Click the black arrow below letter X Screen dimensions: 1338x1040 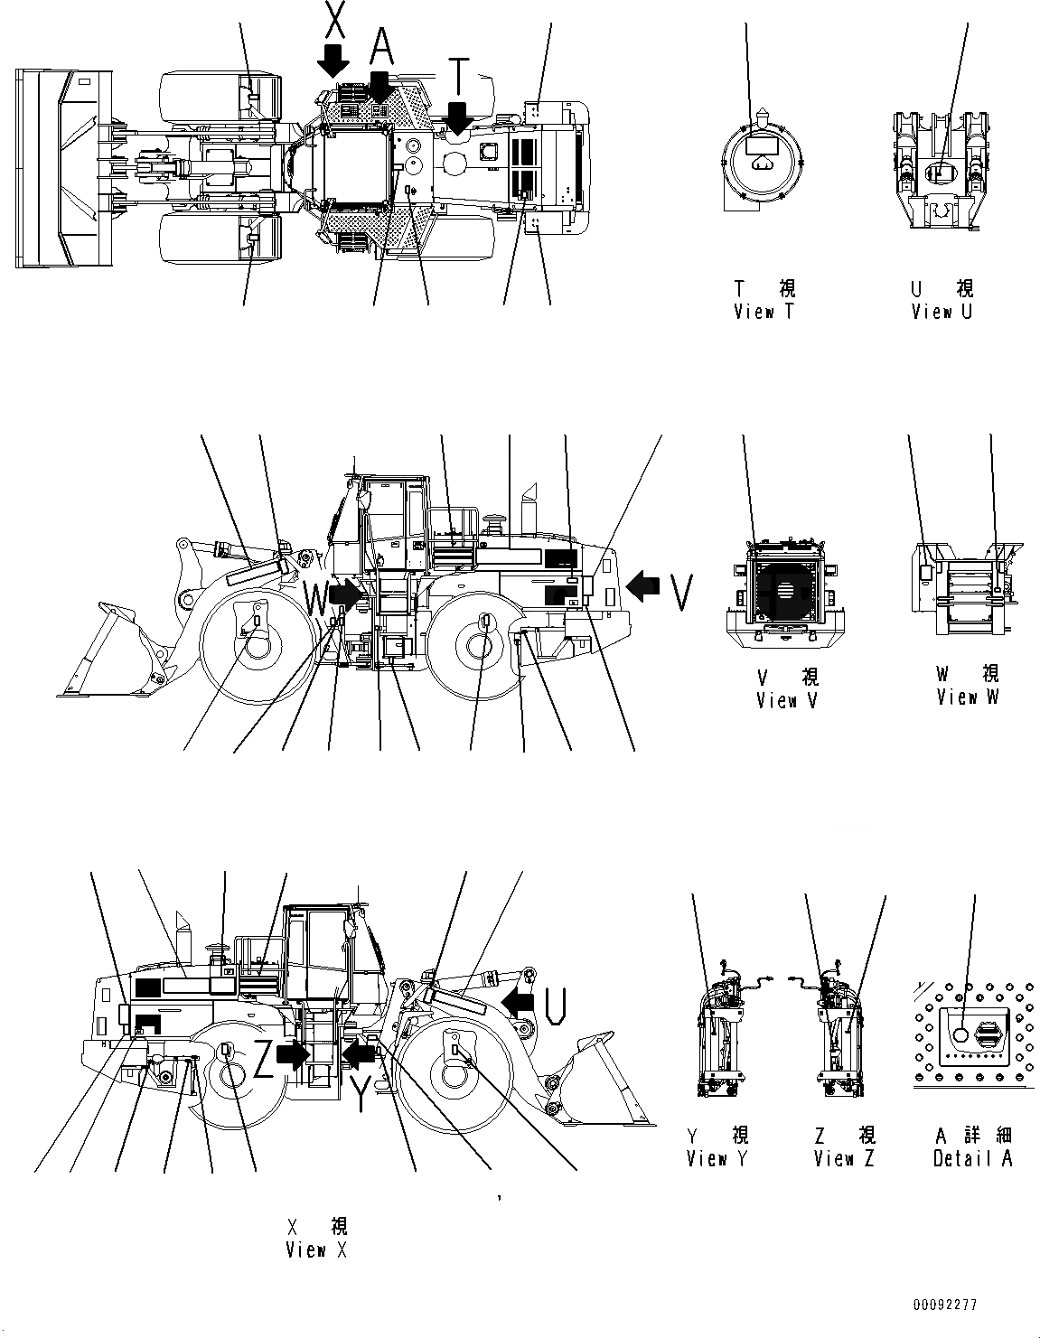click(x=333, y=59)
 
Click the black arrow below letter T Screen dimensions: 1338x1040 click(x=459, y=117)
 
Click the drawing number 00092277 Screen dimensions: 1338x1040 click(x=943, y=1305)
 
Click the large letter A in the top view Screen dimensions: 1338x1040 click(x=382, y=42)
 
